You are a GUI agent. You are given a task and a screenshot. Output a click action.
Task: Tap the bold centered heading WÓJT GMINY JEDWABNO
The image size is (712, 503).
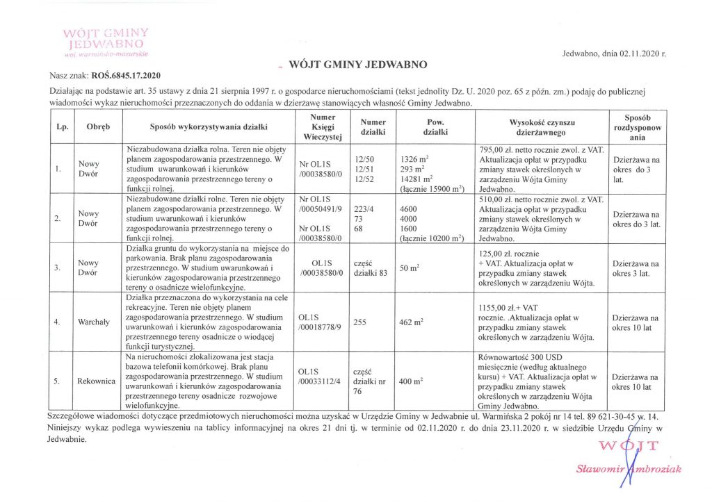(357, 65)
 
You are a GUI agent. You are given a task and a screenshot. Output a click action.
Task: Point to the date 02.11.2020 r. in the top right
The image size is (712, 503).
(635, 53)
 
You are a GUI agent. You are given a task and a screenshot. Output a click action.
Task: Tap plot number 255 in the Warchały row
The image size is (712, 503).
(361, 322)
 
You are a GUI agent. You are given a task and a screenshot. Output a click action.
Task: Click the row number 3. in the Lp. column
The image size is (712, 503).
(60, 267)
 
